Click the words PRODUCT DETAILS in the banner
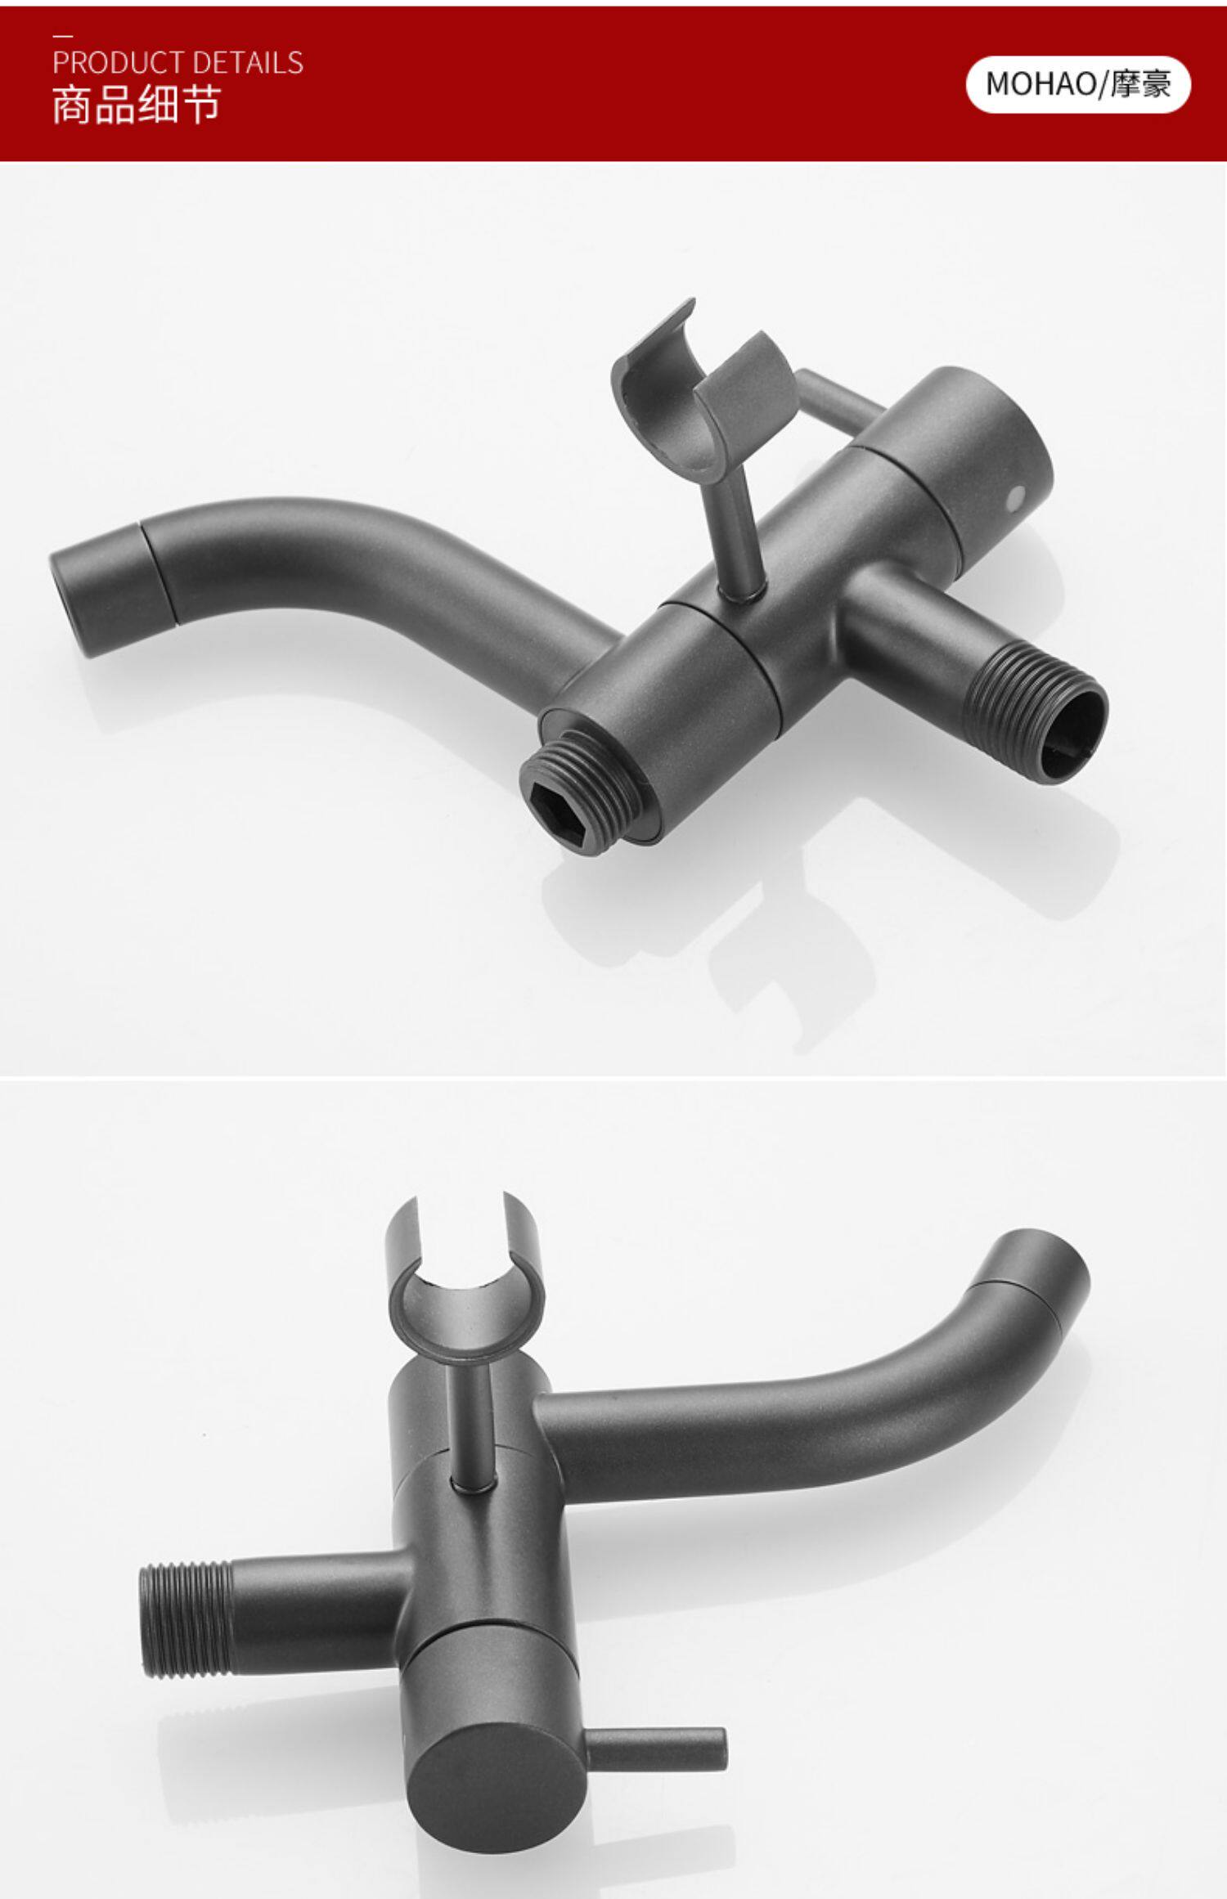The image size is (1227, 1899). click(x=178, y=63)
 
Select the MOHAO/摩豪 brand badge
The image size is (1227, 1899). click(x=1078, y=84)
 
